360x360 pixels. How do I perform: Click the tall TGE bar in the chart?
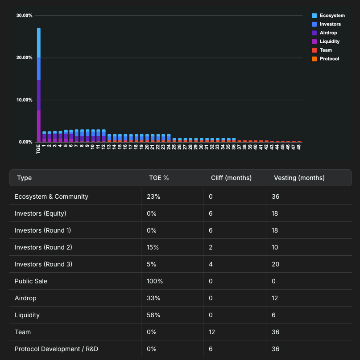[x=39, y=85]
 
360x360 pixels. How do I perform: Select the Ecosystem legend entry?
[x=332, y=16]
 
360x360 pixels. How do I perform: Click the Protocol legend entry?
[x=329, y=59]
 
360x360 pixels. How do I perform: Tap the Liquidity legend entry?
[x=329, y=41]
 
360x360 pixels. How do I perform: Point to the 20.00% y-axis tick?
[x=24, y=58]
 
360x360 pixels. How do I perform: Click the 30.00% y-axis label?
[x=24, y=16]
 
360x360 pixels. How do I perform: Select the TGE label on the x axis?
[x=39, y=149]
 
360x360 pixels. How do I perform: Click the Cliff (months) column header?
[x=231, y=178]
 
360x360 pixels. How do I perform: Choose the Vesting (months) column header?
[x=299, y=178]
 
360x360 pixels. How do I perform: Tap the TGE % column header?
[x=159, y=178]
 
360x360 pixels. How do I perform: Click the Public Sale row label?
[x=31, y=281]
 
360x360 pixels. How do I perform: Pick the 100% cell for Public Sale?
[x=154, y=281]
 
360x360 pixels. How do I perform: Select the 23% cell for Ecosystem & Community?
[x=153, y=196]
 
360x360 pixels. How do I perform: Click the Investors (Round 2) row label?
[x=43, y=247]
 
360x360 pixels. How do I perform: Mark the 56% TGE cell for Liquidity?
[x=153, y=315]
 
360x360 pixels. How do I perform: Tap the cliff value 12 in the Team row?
[x=212, y=332]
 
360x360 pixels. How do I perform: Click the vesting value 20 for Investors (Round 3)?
[x=275, y=264]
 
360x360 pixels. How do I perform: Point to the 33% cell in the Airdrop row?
[x=153, y=298]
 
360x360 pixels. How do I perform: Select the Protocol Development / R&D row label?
[x=56, y=349]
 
